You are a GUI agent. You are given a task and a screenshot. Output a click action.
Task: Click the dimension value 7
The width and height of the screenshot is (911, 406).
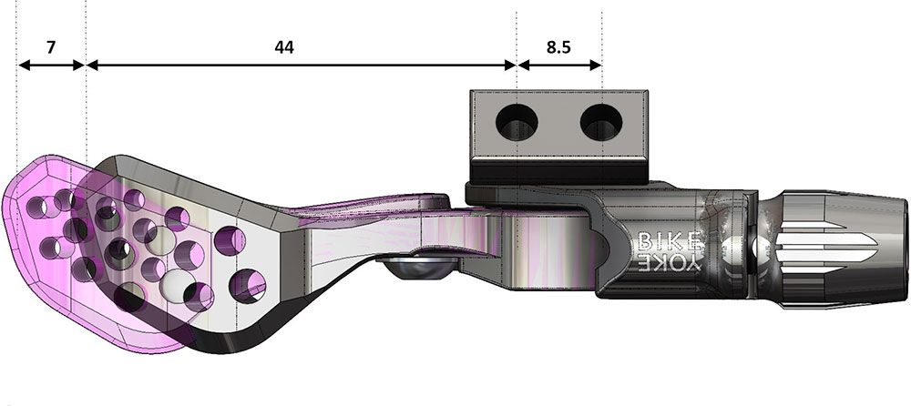tap(51, 47)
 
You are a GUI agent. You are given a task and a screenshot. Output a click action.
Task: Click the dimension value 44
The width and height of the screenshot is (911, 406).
tap(284, 47)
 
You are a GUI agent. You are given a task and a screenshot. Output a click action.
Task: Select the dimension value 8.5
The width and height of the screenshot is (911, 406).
tap(558, 47)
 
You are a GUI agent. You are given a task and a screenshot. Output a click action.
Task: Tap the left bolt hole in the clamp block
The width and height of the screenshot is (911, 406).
tap(517, 123)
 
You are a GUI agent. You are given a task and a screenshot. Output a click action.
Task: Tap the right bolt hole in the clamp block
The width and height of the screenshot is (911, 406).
tap(601, 123)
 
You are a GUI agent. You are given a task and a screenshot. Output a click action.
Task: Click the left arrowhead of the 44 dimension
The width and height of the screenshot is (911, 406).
tap(92, 66)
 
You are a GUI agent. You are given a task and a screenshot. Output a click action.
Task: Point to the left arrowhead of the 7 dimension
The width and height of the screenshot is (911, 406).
tap(25, 66)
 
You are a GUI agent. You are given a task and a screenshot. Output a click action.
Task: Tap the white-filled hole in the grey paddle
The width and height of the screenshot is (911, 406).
tap(178, 283)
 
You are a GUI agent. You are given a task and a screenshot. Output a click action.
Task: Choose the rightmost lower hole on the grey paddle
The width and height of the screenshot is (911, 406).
tap(248, 286)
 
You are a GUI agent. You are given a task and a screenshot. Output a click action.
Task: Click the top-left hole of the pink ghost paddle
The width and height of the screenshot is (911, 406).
tap(36, 207)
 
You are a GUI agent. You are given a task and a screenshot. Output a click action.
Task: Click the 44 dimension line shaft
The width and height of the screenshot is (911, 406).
tap(301, 66)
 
